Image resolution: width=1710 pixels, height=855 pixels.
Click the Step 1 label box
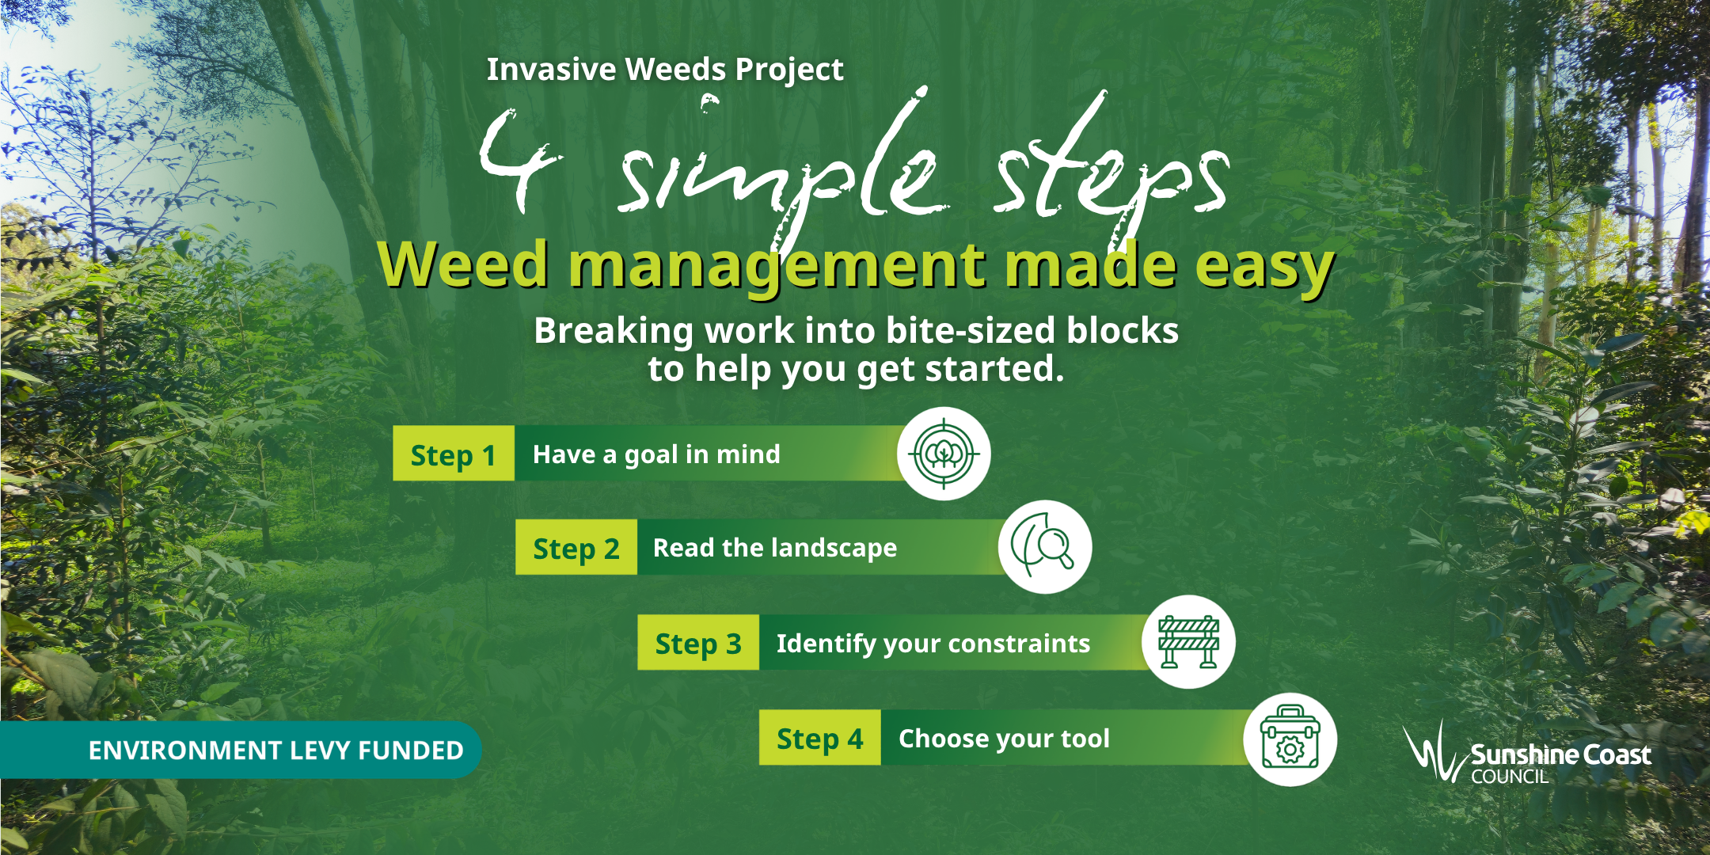click(x=453, y=454)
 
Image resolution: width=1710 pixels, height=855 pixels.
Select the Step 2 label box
click(x=576, y=548)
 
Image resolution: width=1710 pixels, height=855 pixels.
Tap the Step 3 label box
click(x=697, y=643)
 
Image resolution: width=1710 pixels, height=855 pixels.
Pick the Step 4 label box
click(x=819, y=738)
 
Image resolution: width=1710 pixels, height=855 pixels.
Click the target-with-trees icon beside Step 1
click(x=943, y=454)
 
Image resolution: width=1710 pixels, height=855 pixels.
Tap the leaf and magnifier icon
click(x=1044, y=547)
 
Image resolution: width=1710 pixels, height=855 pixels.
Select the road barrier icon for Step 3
click(x=1187, y=642)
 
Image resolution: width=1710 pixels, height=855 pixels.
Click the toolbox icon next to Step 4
click(x=1290, y=739)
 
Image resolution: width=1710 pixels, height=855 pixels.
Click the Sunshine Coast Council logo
click(x=1528, y=754)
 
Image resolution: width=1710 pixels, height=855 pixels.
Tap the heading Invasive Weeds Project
click(x=664, y=70)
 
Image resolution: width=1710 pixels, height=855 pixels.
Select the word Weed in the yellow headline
click(x=463, y=264)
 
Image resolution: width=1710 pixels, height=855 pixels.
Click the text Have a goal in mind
click(x=656, y=454)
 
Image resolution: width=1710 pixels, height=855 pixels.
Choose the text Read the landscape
click(x=774, y=548)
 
